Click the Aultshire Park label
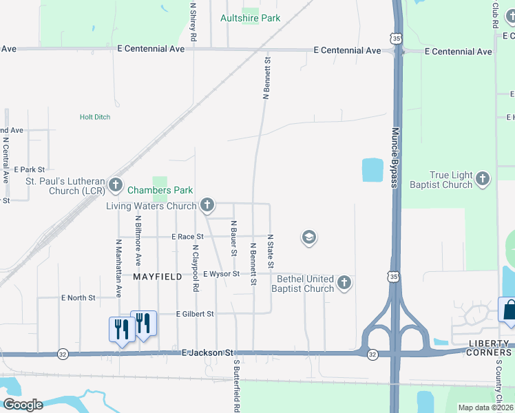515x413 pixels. click(250, 18)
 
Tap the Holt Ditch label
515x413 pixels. click(95, 117)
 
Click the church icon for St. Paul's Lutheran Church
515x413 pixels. click(115, 184)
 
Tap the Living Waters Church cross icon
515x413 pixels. click(207, 205)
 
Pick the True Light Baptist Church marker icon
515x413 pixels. click(483, 180)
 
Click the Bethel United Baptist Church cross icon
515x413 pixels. click(344, 282)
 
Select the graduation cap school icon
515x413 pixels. click(309, 238)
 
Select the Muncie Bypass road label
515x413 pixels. click(395, 157)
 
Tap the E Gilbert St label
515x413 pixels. click(196, 314)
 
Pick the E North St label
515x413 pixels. click(78, 298)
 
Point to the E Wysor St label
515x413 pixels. click(221, 274)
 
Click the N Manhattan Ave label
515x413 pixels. click(118, 268)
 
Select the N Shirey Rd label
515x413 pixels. click(194, 23)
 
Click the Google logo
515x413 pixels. click(23, 405)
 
